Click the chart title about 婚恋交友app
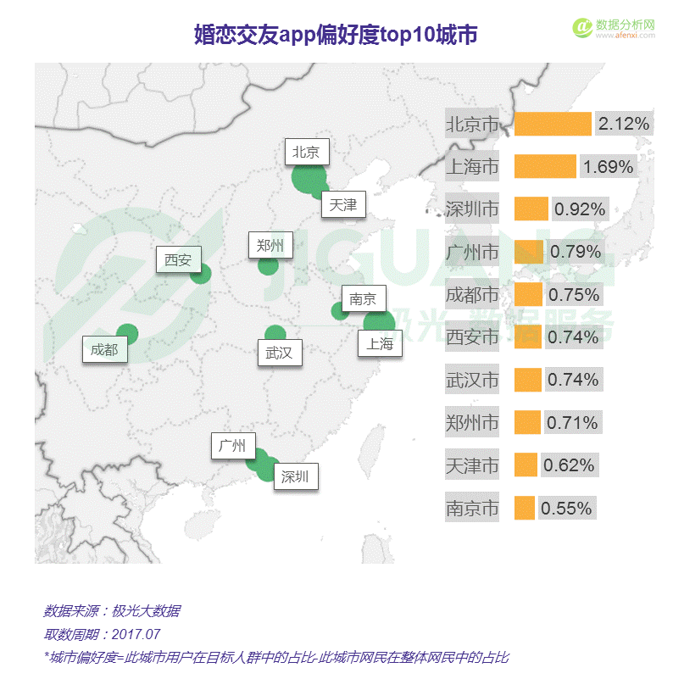coord(336,35)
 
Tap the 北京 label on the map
coord(306,153)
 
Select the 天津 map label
coord(343,204)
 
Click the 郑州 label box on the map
coord(270,246)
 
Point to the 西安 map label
coord(178,259)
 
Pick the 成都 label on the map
coord(104,348)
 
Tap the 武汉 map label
coord(279,352)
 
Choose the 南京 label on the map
coord(363,298)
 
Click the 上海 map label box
coord(379,343)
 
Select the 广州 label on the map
coord(231,446)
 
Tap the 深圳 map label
coord(295,476)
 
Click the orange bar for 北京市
coord(553,124)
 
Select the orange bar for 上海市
coord(545,166)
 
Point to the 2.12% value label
coord(624,124)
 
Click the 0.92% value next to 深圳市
coord(580,209)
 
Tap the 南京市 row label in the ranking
coord(472,509)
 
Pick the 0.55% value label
coord(565,509)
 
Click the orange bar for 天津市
coord(526,465)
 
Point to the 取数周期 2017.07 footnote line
coord(102,634)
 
